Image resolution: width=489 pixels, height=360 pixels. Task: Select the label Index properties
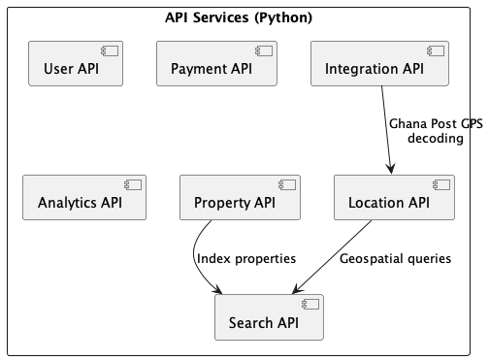(x=245, y=258)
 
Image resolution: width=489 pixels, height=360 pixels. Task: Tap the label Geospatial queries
(x=395, y=258)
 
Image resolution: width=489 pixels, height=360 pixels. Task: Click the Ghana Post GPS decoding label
(x=436, y=132)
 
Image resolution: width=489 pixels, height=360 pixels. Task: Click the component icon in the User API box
(x=112, y=49)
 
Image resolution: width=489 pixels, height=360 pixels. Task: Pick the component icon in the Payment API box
(x=264, y=49)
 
